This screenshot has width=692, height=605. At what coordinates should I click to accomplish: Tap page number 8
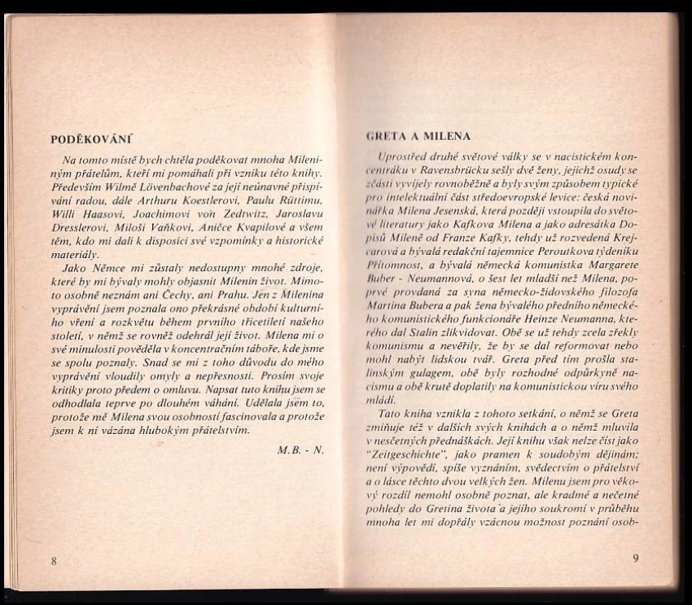[54, 560]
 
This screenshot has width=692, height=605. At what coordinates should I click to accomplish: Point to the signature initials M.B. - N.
[300, 449]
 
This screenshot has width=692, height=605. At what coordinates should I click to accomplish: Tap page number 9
[636, 558]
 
